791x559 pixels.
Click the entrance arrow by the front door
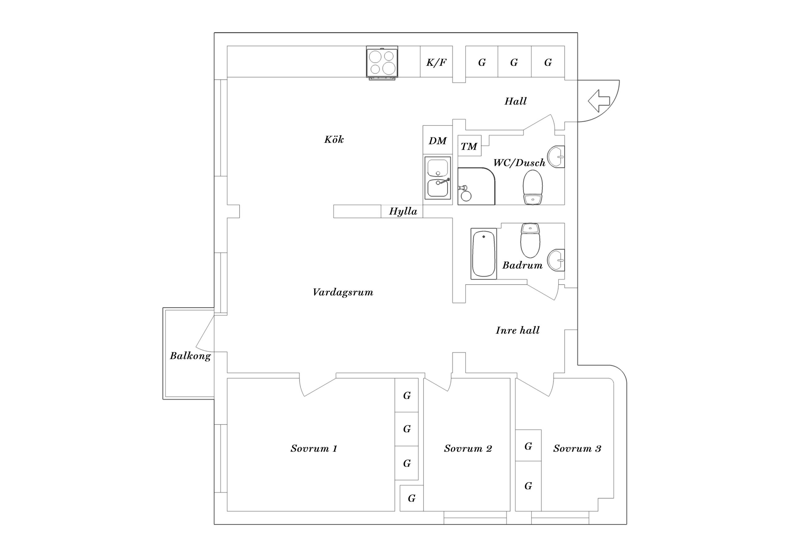(x=599, y=101)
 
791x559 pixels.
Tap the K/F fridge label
(x=436, y=62)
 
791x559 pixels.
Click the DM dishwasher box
(x=438, y=141)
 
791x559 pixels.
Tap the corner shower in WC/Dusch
(x=476, y=187)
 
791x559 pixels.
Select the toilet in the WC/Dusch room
(x=533, y=188)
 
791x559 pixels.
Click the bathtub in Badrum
(x=484, y=254)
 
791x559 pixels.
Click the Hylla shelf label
(x=403, y=211)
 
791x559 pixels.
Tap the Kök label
(x=334, y=140)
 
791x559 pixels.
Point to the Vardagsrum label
(x=343, y=292)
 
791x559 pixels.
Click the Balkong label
(x=190, y=355)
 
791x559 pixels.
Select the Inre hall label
(x=518, y=330)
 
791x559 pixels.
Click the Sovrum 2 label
(x=468, y=448)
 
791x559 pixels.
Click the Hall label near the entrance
(x=515, y=101)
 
